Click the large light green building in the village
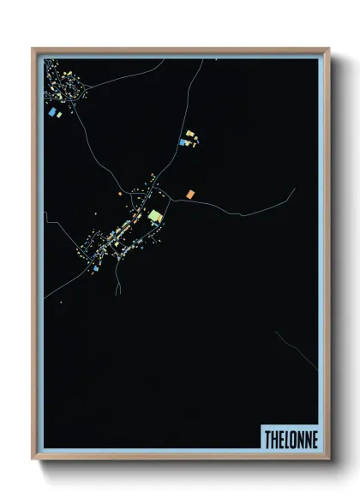[x=154, y=216]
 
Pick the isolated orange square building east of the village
[x=189, y=195]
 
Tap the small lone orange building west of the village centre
[x=120, y=195]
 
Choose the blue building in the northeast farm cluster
[x=183, y=143]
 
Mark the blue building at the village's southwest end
[x=97, y=268]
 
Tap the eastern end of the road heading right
[x=294, y=189]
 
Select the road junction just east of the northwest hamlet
[x=86, y=88]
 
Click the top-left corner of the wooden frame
[x=33, y=49]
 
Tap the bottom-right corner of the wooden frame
[x=328, y=459]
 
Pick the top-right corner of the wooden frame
[x=328, y=49]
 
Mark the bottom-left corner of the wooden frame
[x=33, y=459]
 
